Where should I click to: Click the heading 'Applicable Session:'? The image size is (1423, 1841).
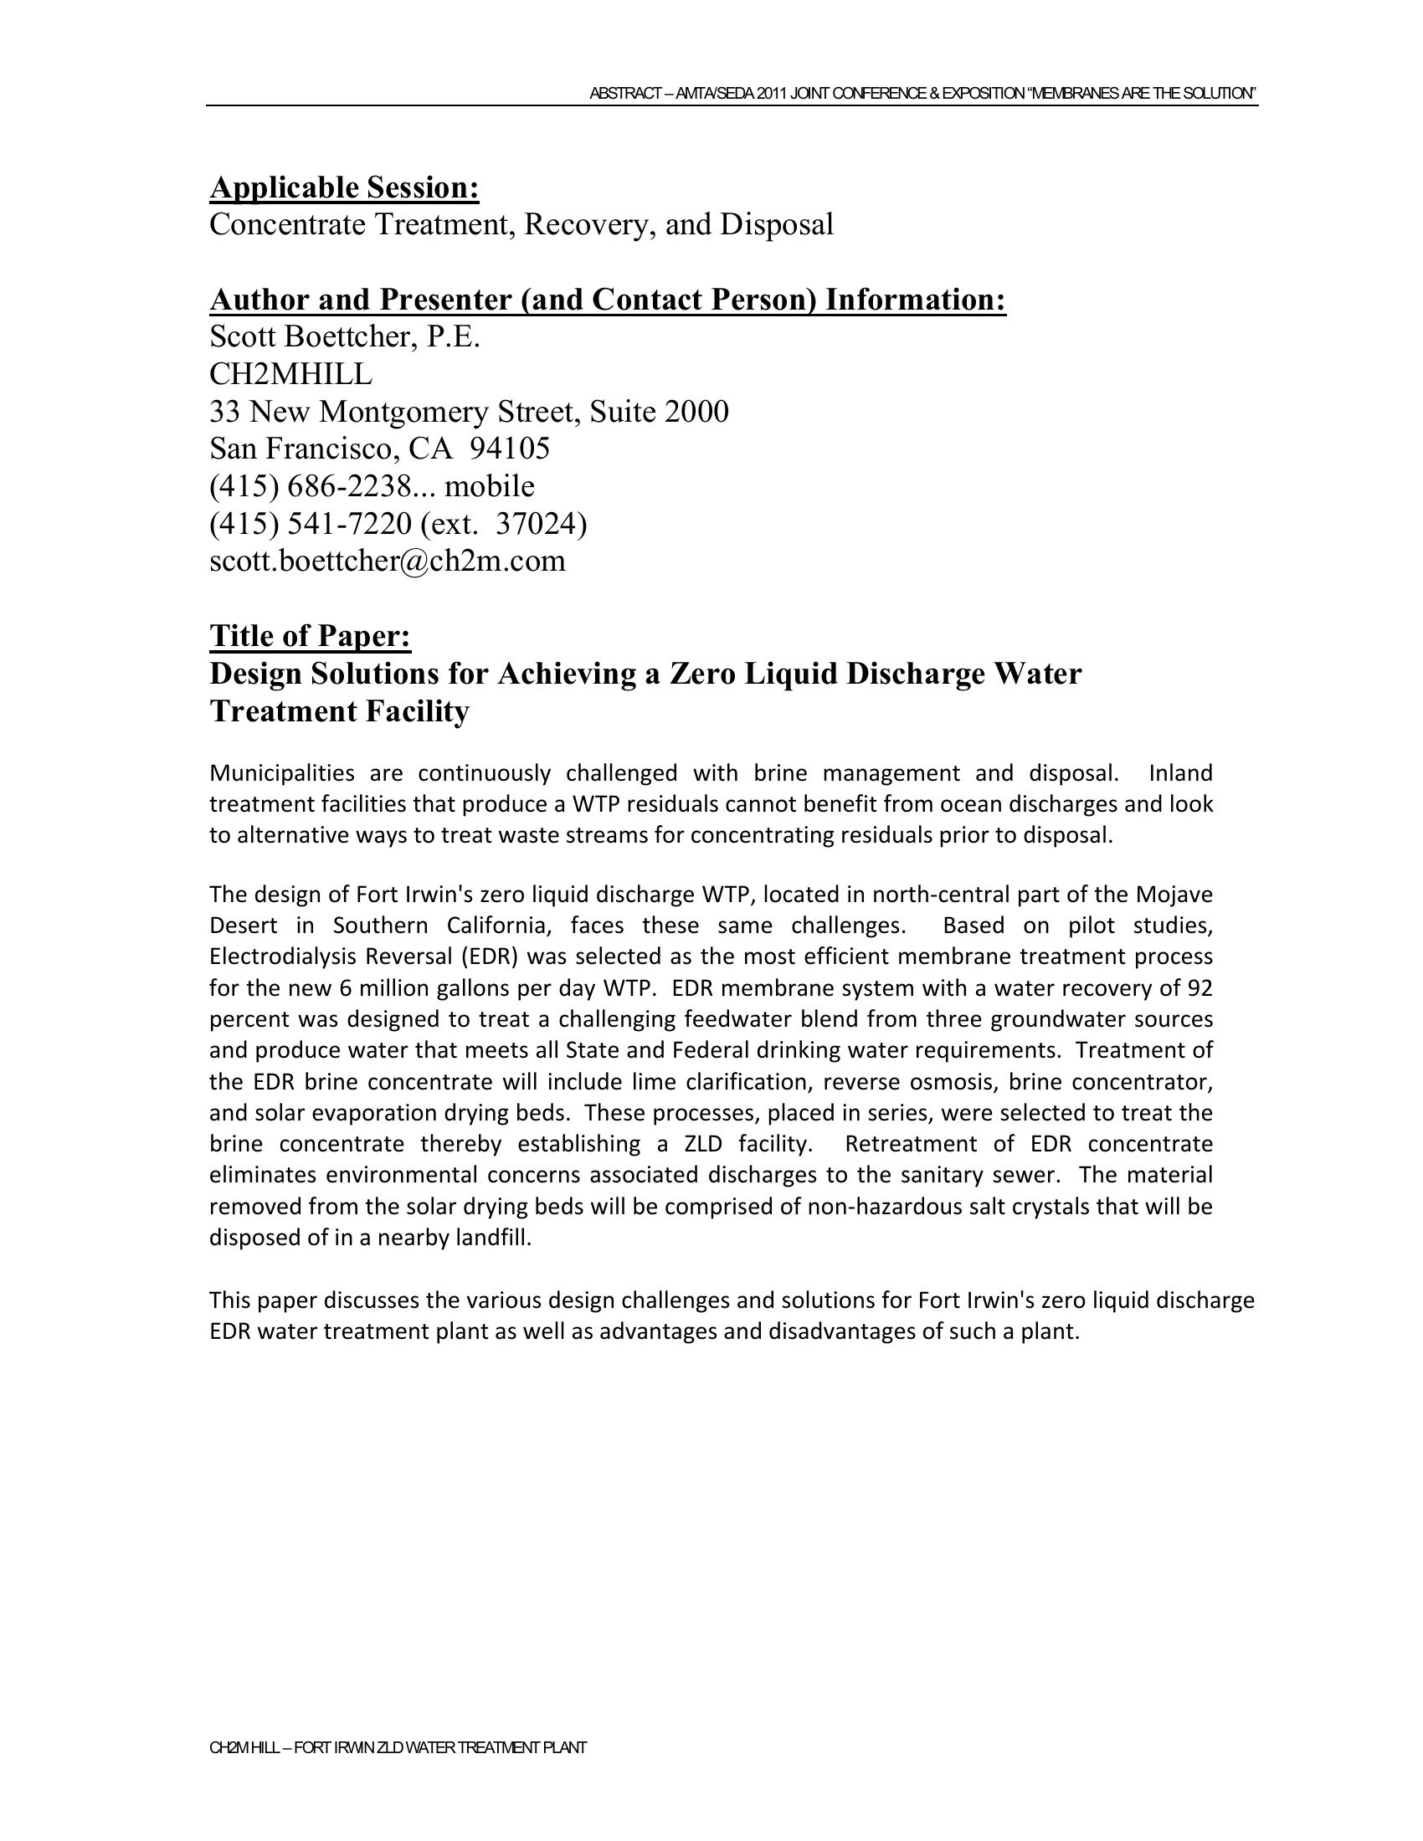coord(344,187)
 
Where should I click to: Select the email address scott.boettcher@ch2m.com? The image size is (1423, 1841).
coord(387,561)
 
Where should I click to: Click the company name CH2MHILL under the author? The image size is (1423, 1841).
coord(290,373)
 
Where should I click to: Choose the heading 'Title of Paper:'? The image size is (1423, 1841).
coord(310,636)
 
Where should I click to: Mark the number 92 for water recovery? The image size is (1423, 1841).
coord(1200,988)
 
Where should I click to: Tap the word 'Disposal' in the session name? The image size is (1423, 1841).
coord(777,224)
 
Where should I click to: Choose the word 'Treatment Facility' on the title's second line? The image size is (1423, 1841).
coord(339,711)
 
